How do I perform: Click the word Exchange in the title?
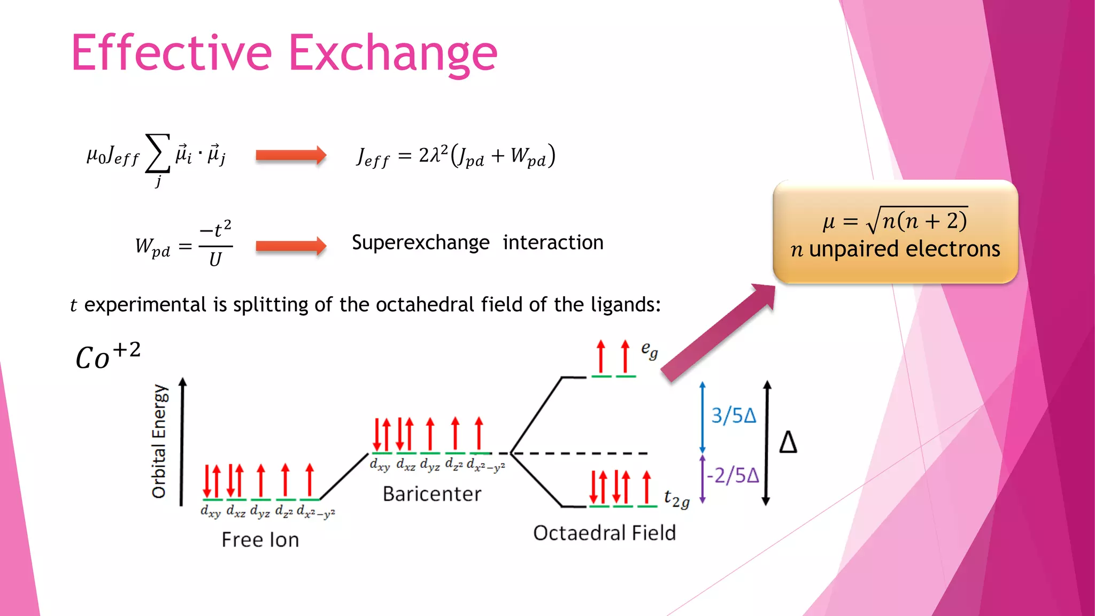[x=393, y=53]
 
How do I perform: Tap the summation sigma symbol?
[x=158, y=153]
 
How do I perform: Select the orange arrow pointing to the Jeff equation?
[x=290, y=156]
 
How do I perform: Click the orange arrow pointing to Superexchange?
[x=290, y=246]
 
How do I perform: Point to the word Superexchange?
[x=420, y=243]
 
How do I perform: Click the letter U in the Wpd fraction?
[x=215, y=260]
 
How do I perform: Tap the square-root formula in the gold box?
[x=895, y=220]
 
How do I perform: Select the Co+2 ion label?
[x=107, y=357]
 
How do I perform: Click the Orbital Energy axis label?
[x=159, y=442]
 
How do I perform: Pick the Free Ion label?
[x=260, y=540]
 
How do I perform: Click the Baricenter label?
[x=432, y=494]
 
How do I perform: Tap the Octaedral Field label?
[x=604, y=533]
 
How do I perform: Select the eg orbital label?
[x=649, y=351]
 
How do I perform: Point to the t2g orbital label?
[x=676, y=499]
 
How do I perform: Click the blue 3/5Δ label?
[x=734, y=415]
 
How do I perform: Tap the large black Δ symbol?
[x=788, y=443]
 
